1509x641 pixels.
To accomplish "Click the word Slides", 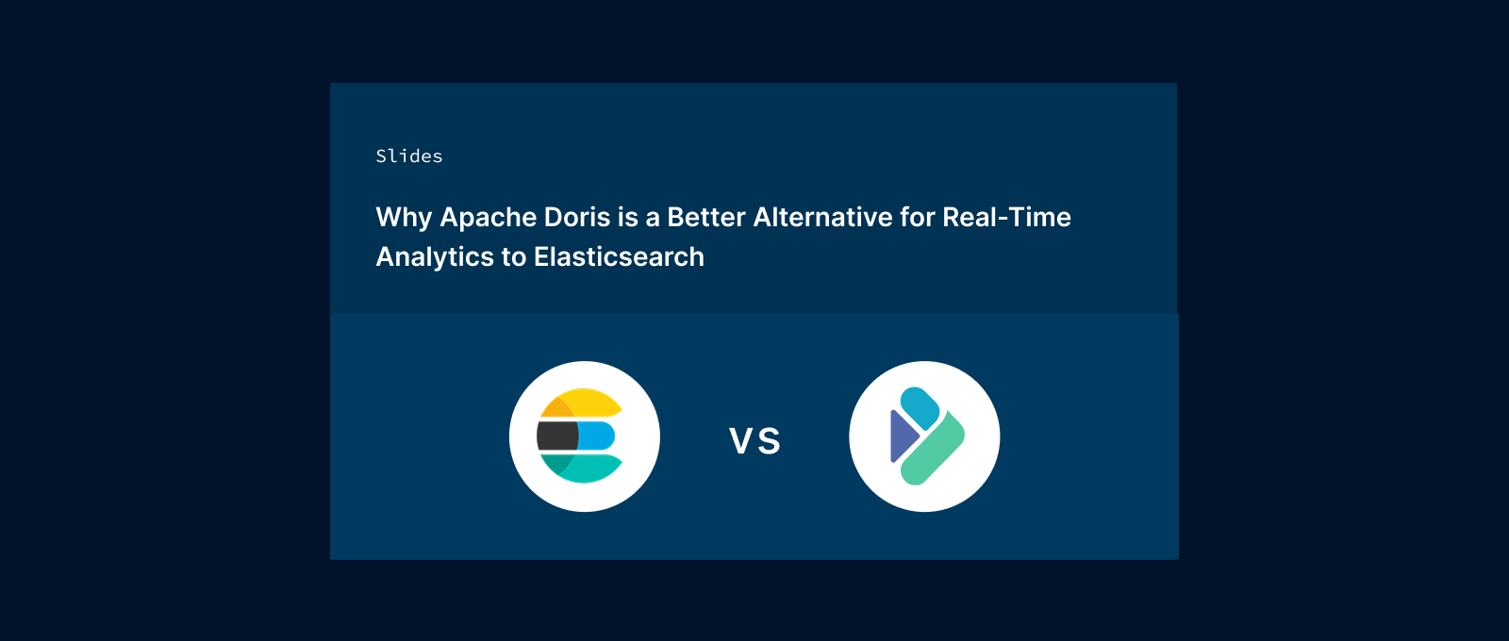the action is (x=409, y=156).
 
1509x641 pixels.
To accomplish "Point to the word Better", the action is (x=706, y=218).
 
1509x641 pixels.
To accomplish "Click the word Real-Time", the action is (x=1006, y=218).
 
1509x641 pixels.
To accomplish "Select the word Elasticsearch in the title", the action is (x=619, y=257).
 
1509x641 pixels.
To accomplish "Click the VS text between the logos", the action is (x=754, y=442).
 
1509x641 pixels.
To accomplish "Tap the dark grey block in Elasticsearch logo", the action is (x=557, y=436).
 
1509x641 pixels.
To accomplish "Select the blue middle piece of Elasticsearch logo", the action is (x=595, y=436).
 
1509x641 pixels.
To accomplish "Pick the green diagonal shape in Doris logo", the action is (x=933, y=449).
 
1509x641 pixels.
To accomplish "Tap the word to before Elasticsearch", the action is (x=513, y=258).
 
